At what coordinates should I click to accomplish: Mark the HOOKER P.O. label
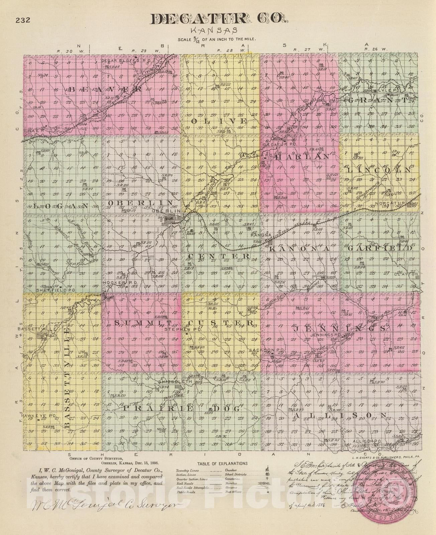click(116, 283)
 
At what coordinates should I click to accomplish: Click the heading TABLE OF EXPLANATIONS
click(222, 463)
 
